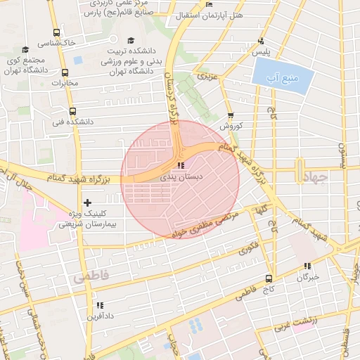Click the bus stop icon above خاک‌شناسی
point(57,32)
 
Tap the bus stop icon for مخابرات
point(65,72)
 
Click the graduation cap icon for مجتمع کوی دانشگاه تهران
point(26,49)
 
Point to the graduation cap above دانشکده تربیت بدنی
point(131,41)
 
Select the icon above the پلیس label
point(262,41)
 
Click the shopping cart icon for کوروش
point(231,115)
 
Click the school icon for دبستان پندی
point(181,166)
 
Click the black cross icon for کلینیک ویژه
point(87,202)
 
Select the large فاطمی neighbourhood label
point(90,278)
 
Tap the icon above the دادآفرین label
point(99,305)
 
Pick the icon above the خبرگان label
point(307,266)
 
